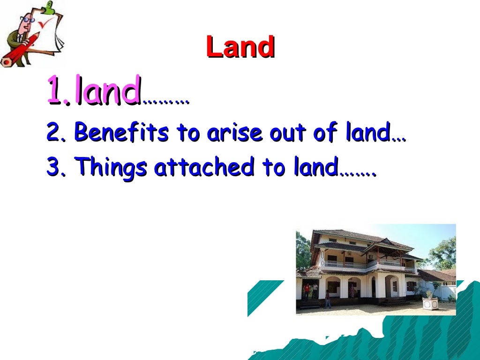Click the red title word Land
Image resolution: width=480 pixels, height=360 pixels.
point(240,47)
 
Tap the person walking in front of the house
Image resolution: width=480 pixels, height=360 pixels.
point(327,299)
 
